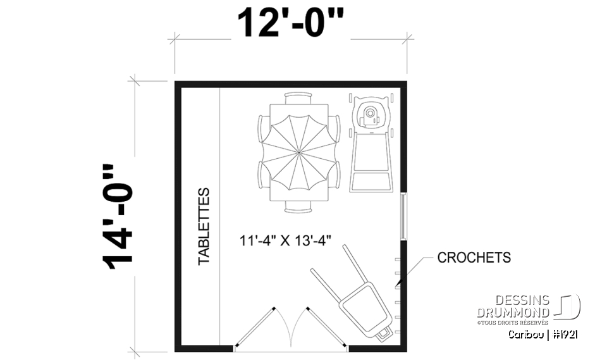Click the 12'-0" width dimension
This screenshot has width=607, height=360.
tap(290, 24)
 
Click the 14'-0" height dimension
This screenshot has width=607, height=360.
tap(118, 217)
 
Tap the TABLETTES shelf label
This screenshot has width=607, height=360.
tap(204, 226)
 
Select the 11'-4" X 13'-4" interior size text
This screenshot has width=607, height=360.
tap(285, 240)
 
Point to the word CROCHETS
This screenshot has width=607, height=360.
tap(474, 258)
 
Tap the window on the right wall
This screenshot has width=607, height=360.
tap(402, 216)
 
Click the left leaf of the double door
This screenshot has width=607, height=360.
tap(254, 327)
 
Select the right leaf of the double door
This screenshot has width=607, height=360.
tap(326, 327)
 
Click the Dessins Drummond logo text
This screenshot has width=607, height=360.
tap(513, 307)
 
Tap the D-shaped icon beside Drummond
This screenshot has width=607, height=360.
tap(568, 307)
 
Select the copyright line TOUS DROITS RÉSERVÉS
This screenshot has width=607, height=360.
tap(513, 323)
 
